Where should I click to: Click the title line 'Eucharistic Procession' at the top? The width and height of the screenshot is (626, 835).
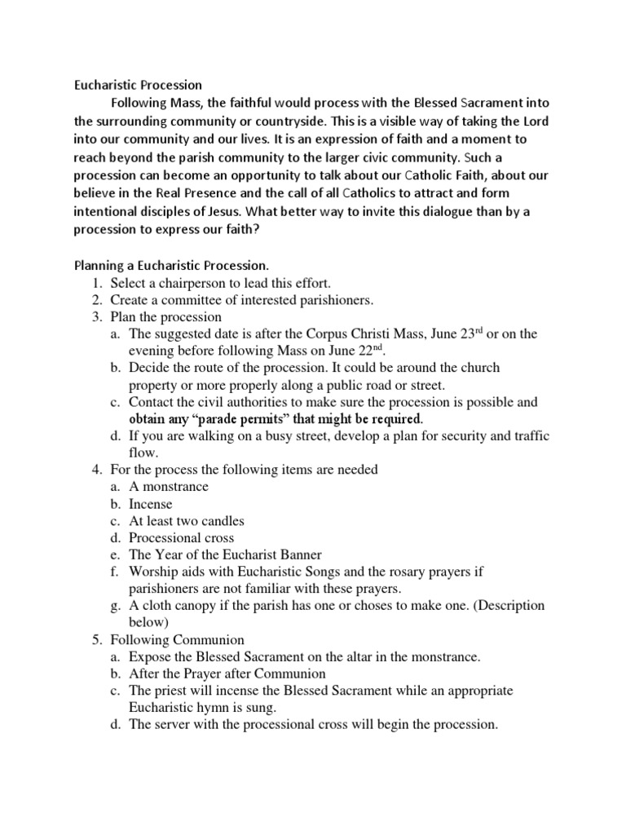click(x=138, y=84)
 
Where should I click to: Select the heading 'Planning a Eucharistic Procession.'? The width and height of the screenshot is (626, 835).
click(x=171, y=266)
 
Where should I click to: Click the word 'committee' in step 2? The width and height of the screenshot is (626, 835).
click(x=189, y=300)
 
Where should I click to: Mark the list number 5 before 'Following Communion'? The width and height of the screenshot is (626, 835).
click(x=93, y=640)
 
